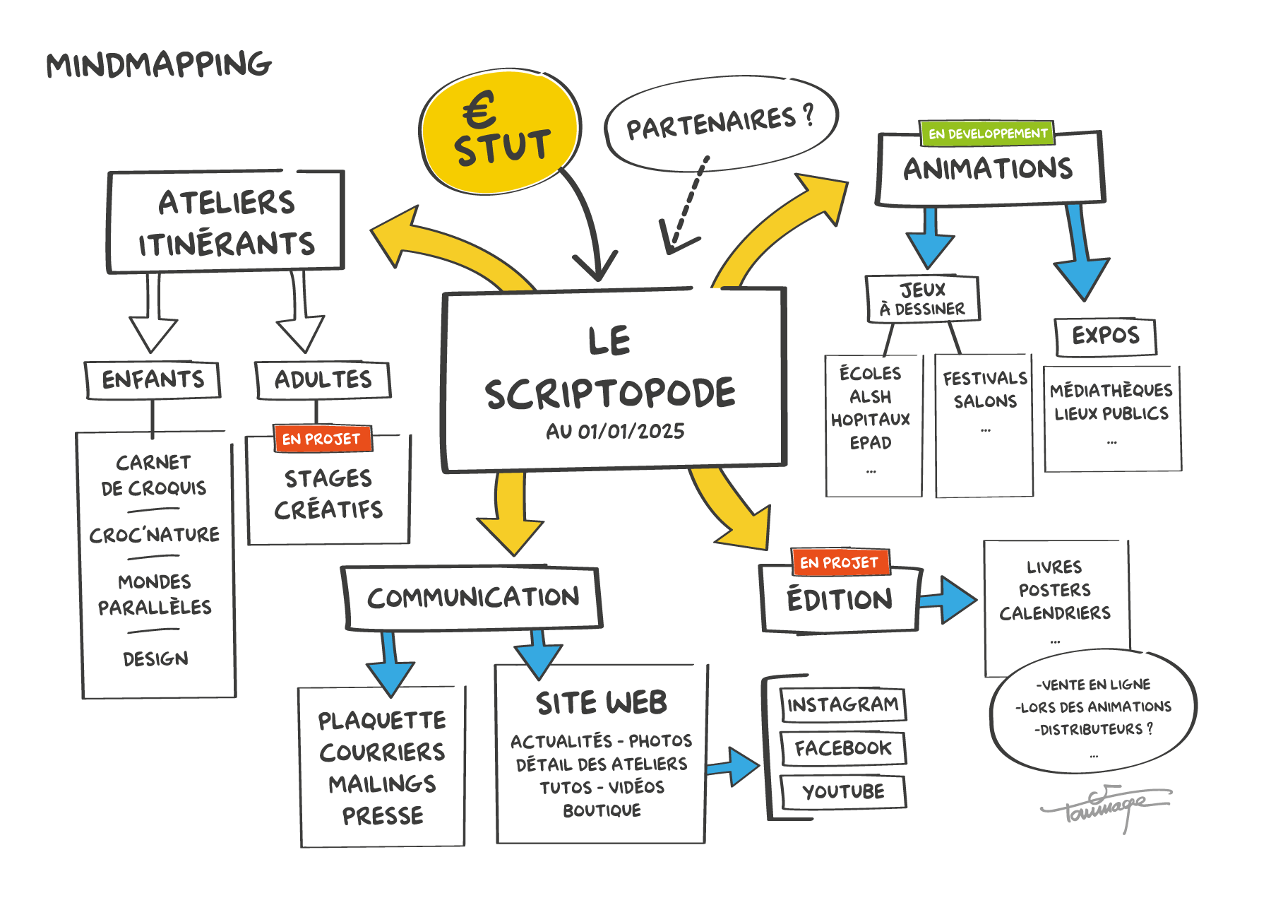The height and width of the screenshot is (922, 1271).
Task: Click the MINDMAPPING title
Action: [x=159, y=65]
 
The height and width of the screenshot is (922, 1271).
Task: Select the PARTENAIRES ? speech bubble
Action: [x=720, y=124]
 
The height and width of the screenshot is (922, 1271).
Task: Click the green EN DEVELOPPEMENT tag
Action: [x=987, y=134]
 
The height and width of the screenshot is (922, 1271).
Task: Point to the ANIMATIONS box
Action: [x=989, y=170]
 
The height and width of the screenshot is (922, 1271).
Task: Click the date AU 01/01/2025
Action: [x=615, y=432]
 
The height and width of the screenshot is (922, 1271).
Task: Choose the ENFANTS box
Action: [x=153, y=380]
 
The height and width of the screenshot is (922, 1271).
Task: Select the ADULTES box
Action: [x=323, y=380]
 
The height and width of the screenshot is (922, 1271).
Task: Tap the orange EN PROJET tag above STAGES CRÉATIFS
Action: [x=322, y=439]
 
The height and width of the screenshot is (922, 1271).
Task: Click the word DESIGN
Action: [x=155, y=659]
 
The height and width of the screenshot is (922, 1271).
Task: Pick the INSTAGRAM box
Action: [x=843, y=704]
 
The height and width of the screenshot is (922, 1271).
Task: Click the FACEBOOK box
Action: [x=843, y=748]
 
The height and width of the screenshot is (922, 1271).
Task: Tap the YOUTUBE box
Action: [x=843, y=791]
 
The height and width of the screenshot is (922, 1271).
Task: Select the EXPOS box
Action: [x=1106, y=336]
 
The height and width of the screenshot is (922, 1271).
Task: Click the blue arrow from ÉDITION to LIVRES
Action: [x=949, y=600]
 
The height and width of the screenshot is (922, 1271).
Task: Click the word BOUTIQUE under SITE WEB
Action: [x=602, y=810]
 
